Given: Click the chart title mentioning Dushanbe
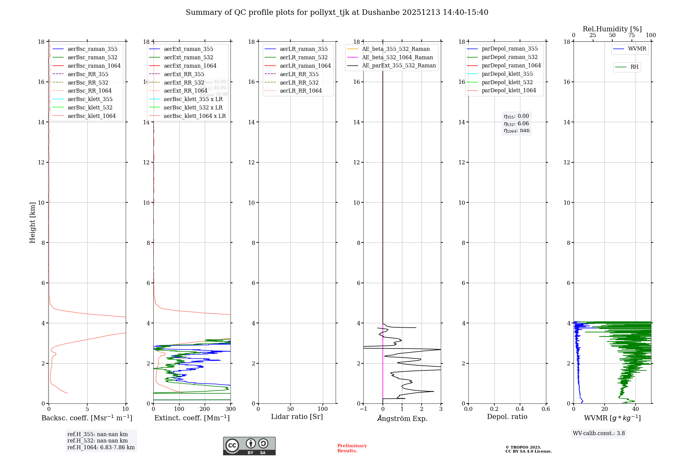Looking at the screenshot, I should pos(337,12).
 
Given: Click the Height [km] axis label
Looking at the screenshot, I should pos(32,222).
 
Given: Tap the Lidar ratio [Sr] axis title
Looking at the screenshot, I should pos(297,417).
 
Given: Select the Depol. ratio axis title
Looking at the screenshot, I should pos(507,417).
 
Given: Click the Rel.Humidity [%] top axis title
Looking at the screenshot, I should pos(612,29).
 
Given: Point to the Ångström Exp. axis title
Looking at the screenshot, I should pos(402,418).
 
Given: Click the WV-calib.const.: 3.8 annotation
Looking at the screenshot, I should pos(599,433).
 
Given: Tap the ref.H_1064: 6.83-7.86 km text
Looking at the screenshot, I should pos(101,447).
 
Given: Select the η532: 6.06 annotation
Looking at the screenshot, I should pos(516,124).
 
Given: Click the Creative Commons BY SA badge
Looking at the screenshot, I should pos(249,446).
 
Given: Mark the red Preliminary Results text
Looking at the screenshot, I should pos(352,448).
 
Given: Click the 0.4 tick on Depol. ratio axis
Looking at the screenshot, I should pos(520,409).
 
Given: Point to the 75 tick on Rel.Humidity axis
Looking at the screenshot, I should pos(632,35).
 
